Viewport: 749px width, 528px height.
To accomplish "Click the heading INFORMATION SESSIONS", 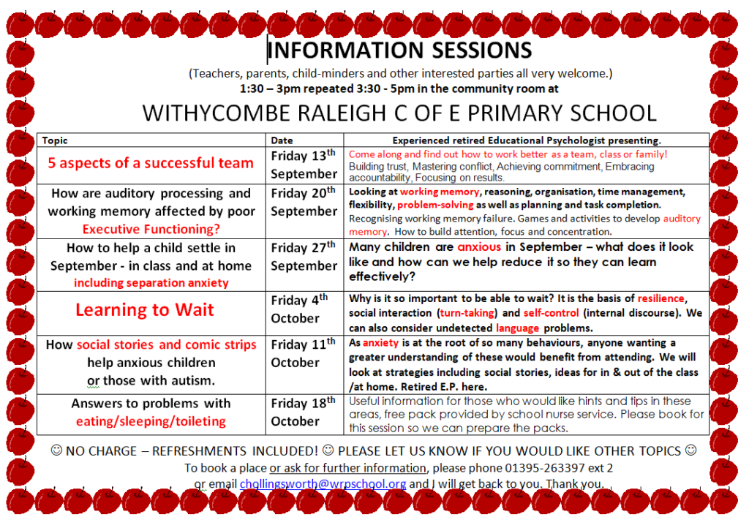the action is click(x=400, y=50).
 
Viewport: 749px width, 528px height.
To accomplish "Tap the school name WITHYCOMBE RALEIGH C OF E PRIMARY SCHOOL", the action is click(x=399, y=113).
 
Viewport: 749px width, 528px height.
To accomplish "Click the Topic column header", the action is click(x=54, y=140).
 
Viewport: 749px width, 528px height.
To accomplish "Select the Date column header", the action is click(x=282, y=140).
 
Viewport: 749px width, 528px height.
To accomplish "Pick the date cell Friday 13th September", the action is click(x=304, y=165).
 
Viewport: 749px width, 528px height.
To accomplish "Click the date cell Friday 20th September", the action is click(x=304, y=202).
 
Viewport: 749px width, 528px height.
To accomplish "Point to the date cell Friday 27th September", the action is click(x=304, y=257).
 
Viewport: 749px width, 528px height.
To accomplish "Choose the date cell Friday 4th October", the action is click(x=299, y=309).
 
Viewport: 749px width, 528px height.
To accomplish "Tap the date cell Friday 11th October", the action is click(x=304, y=353).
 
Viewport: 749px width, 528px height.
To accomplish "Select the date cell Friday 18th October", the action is click(x=304, y=412).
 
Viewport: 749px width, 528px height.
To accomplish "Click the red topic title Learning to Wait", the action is click(x=145, y=310).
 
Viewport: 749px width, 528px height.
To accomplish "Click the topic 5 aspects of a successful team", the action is click(x=151, y=163).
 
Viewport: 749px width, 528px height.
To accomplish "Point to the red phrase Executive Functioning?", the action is click(x=151, y=229).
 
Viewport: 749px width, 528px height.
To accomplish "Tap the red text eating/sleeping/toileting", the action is click(x=151, y=421).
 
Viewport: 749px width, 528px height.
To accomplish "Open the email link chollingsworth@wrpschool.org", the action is click(x=323, y=483).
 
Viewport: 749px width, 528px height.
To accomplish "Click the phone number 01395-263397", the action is click(x=545, y=468).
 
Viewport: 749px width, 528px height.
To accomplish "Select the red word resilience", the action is click(x=661, y=298).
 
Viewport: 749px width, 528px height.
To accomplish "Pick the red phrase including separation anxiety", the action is click(x=151, y=282).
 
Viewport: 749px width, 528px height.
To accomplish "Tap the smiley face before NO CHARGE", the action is click(x=56, y=450).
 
